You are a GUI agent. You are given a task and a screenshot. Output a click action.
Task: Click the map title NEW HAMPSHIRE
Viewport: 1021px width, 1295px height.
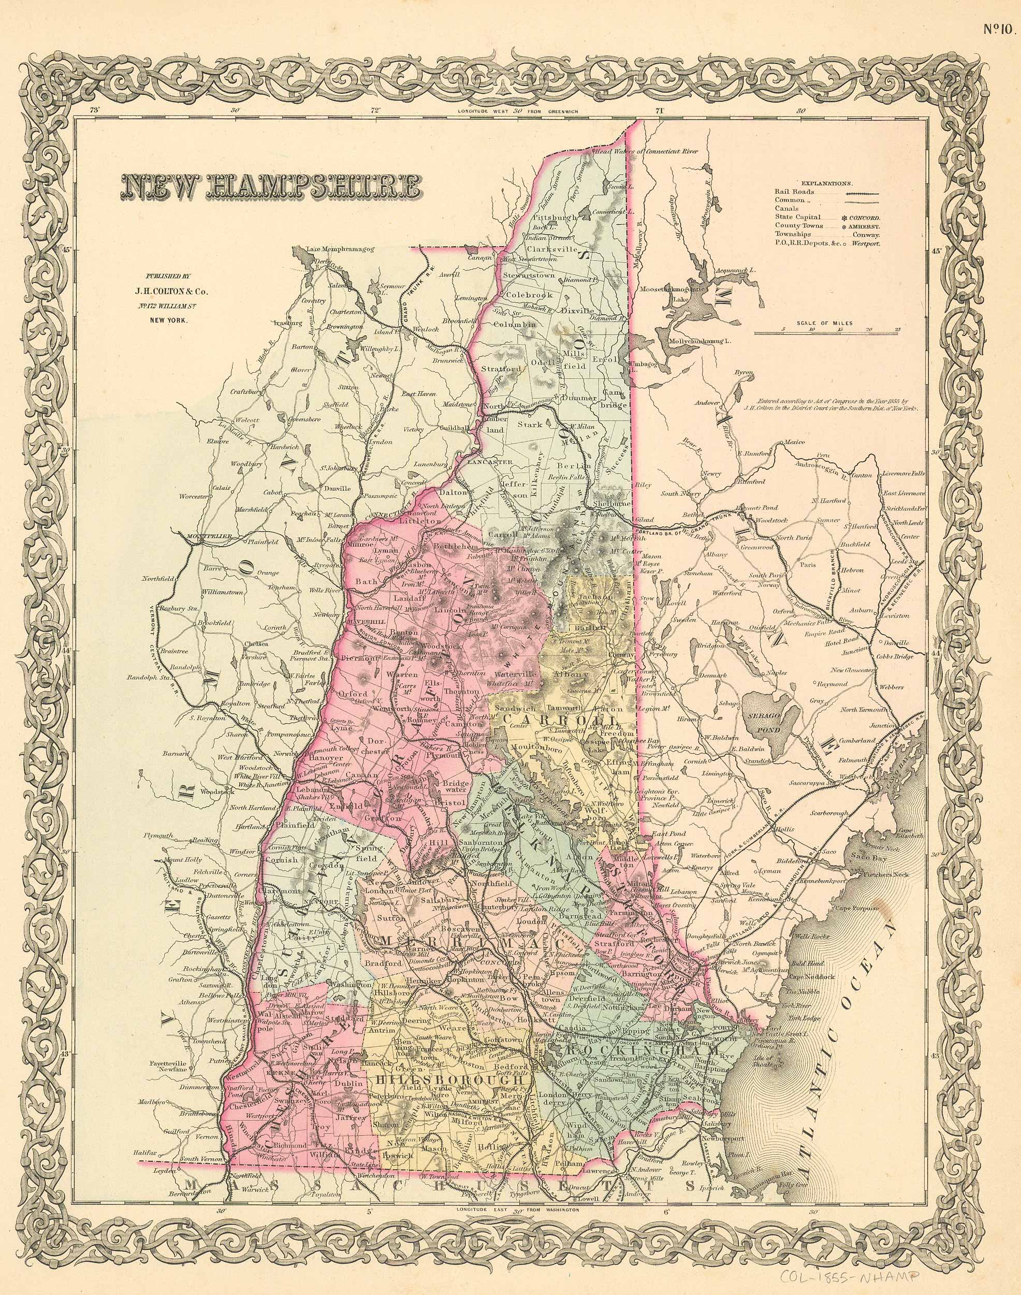pyautogui.click(x=271, y=186)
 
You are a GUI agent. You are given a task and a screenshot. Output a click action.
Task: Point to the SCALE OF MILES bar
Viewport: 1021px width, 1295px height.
pyautogui.click(x=828, y=332)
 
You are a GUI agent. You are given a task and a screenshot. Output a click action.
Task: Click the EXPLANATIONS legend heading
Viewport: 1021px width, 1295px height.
pyautogui.click(x=827, y=184)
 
